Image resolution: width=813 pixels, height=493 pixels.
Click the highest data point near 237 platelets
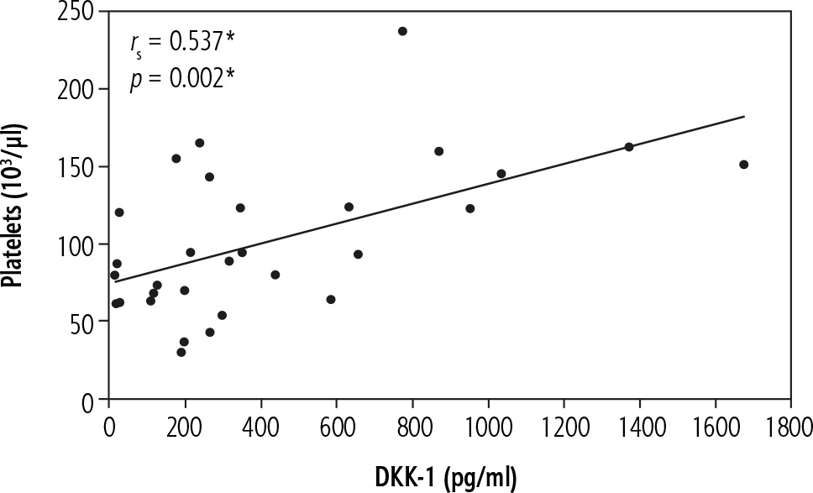click(402, 31)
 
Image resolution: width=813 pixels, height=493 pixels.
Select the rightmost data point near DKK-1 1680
click(743, 165)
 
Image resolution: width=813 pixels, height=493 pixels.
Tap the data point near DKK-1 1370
click(629, 147)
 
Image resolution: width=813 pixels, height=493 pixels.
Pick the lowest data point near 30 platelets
click(181, 352)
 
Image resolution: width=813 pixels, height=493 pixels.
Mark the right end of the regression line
click(744, 117)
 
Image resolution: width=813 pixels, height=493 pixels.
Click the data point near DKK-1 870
click(438, 151)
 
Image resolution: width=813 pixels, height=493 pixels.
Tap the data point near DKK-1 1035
click(501, 174)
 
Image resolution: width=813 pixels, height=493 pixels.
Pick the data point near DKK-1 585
click(331, 299)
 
